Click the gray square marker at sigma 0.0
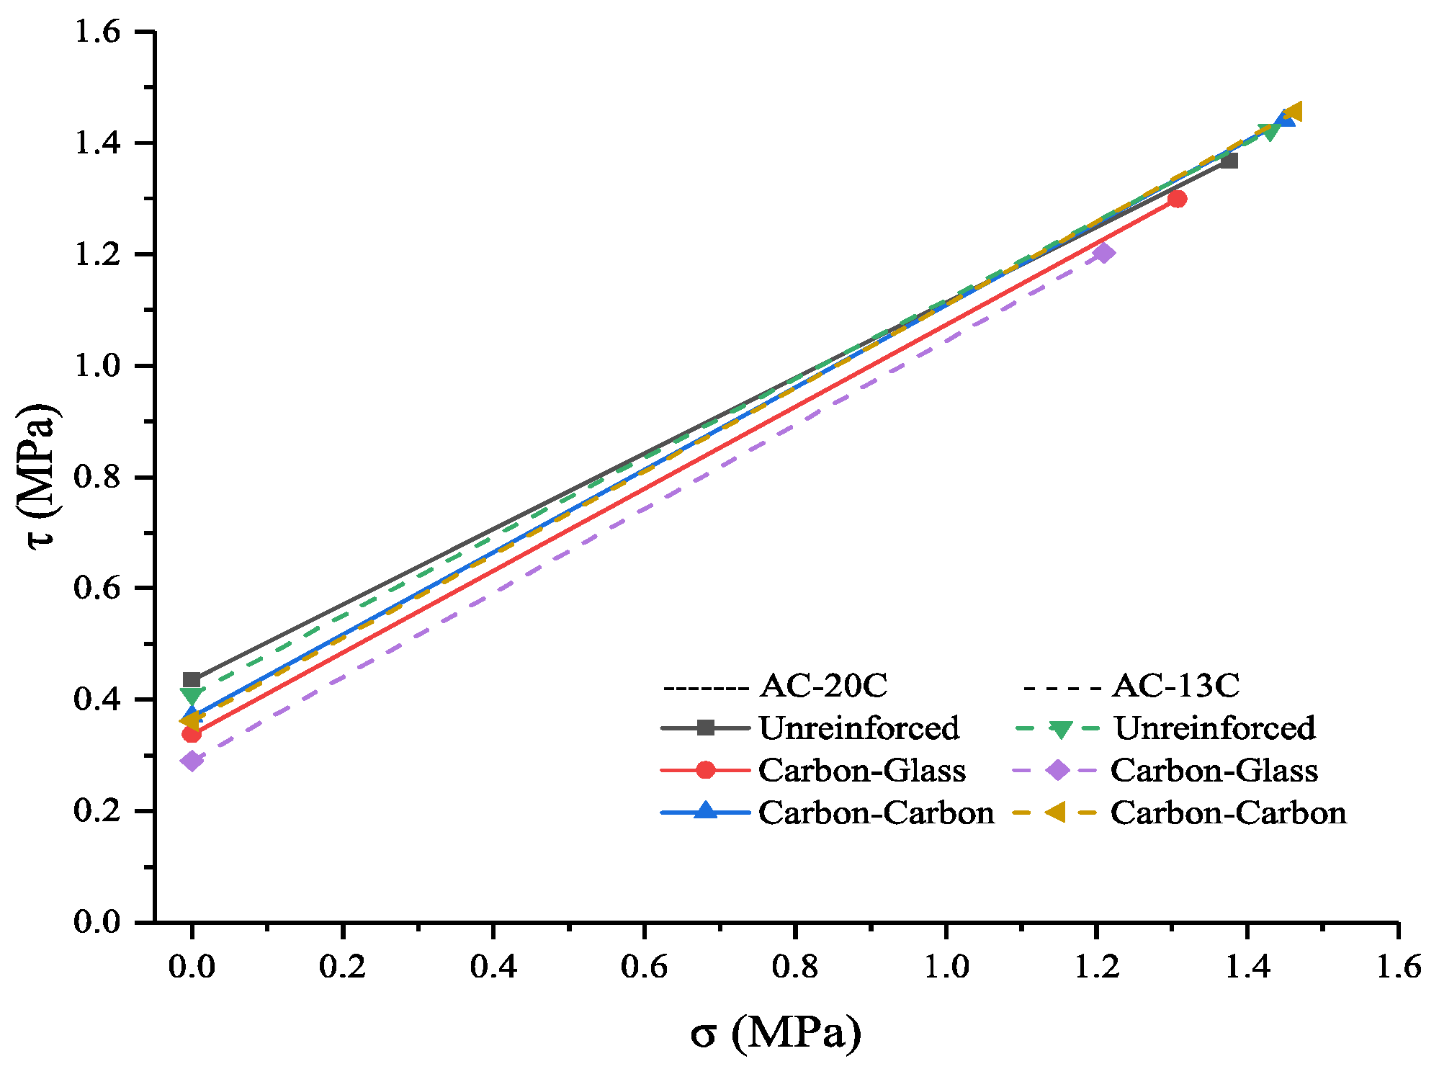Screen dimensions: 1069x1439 pos(192,679)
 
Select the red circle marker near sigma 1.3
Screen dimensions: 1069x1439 pos(1178,199)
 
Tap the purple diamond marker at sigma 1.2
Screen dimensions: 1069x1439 pos(1103,253)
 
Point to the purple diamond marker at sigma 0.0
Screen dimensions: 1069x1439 pos(192,761)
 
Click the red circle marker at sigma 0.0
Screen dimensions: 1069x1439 pos(192,734)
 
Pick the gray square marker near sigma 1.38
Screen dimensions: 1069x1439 pos(1230,161)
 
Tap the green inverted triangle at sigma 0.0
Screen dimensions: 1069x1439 pos(192,697)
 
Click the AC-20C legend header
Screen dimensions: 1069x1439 pos(823,685)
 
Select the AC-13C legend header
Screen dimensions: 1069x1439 pos(1175,685)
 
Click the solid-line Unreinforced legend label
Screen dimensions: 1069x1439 pos(859,728)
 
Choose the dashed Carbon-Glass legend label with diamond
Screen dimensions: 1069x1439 pos(1214,770)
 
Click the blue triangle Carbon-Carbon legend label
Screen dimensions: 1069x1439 pos(876,813)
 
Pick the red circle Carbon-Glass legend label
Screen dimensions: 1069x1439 pos(861,770)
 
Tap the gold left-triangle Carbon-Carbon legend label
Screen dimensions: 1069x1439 pos(1228,813)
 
